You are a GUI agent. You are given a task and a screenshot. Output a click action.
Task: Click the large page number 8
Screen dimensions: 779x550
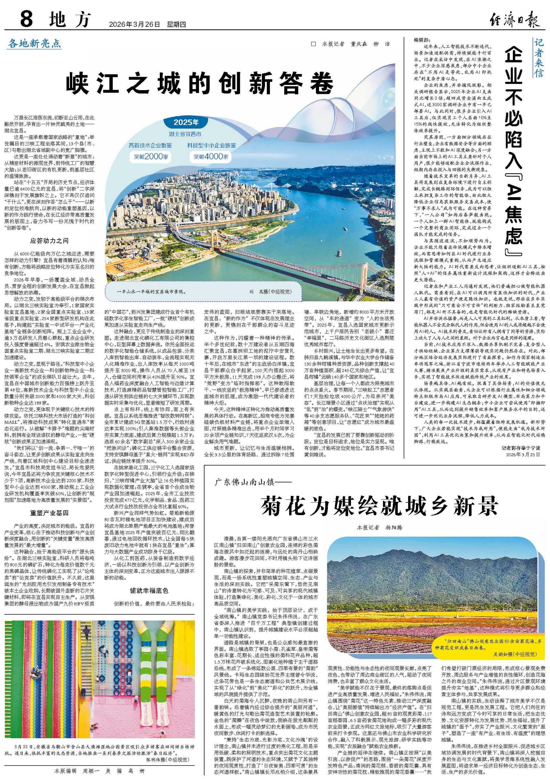pyautogui.click(x=26, y=19)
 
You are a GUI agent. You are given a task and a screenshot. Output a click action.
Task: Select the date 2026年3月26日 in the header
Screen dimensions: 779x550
pyautogui.click(x=134, y=24)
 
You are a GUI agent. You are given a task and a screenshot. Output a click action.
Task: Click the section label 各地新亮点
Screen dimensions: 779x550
pyautogui.click(x=34, y=43)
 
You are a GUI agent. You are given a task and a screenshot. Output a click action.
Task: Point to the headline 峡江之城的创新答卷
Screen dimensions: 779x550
pyautogui.click(x=200, y=83)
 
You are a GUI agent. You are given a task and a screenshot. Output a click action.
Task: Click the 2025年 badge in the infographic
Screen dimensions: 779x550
pyautogui.click(x=186, y=122)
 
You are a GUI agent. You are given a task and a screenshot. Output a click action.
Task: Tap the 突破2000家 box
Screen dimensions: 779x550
pyautogui.click(x=151, y=156)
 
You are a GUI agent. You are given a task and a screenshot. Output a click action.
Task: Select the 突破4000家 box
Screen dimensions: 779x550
pyautogui.click(x=210, y=156)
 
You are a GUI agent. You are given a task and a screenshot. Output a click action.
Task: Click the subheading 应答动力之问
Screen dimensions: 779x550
pyautogui.click(x=49, y=241)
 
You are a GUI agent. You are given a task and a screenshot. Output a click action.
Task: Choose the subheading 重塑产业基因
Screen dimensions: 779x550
pyautogui.click(x=49, y=513)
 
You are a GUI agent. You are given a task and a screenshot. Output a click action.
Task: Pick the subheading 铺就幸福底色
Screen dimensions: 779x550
pyautogui.click(x=149, y=590)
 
